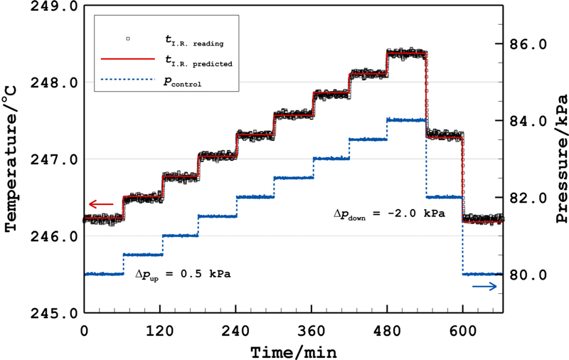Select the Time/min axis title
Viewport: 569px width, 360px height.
pyautogui.click(x=293, y=351)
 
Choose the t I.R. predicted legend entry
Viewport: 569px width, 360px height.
pyautogui.click(x=192, y=62)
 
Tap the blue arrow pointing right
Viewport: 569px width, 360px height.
pyautogui.click(x=484, y=286)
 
